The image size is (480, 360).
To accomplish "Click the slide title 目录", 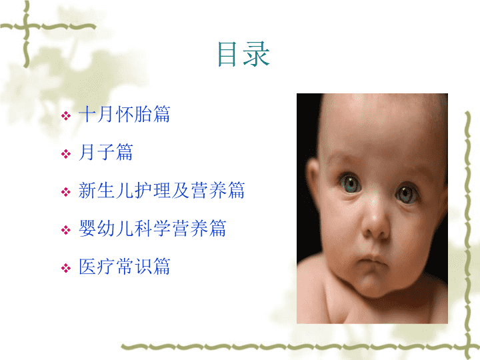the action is tap(244, 54).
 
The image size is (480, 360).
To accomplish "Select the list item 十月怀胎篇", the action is tap(124, 114).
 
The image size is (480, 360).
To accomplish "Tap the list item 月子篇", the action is tap(105, 152).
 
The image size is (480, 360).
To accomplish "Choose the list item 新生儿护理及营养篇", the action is tap(161, 190).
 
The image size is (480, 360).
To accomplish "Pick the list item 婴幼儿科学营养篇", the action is tap(153, 229).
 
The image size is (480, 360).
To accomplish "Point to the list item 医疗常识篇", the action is tap(124, 266).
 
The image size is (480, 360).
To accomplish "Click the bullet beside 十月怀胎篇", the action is tap(66, 116).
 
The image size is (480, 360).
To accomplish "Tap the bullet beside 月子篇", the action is tap(66, 154).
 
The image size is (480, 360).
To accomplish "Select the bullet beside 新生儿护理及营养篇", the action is tap(66, 192).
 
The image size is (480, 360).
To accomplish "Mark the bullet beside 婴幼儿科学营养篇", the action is tap(66, 230).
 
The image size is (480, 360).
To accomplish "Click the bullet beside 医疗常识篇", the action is tap(66, 268).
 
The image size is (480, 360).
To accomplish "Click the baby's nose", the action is tap(375, 222).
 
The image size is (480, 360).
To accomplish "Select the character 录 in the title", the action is tap(257, 54).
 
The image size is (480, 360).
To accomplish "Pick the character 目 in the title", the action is tap(227, 54).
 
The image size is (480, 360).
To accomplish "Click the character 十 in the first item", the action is tap(87, 114).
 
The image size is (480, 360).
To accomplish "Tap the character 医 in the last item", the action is tap(87, 266).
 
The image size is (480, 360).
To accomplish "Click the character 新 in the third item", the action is tap(87, 190).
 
